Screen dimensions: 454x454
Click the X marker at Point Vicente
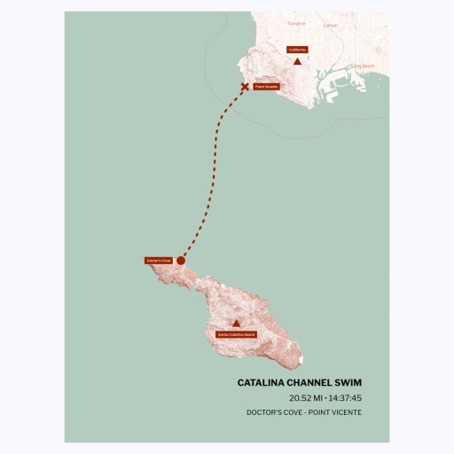click(x=246, y=87)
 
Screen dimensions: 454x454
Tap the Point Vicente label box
click(x=266, y=87)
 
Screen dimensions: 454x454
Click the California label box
click(x=296, y=50)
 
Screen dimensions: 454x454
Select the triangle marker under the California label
click(x=296, y=61)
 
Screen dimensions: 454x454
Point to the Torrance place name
click(x=296, y=24)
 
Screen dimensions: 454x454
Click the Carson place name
click(x=331, y=26)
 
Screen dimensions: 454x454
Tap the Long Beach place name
click(x=363, y=67)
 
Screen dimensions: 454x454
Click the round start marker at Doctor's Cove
click(x=181, y=261)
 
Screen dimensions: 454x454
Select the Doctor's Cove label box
click(x=158, y=261)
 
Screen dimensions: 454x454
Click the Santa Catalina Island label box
click(x=236, y=334)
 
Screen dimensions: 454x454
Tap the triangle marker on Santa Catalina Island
click(x=236, y=324)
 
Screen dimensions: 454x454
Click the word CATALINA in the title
click(x=266, y=383)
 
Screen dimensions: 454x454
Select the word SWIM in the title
click(x=347, y=383)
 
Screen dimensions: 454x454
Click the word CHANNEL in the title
click(x=310, y=383)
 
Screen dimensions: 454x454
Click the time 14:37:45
click(x=344, y=398)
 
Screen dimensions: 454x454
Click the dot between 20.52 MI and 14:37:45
click(x=325, y=398)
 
